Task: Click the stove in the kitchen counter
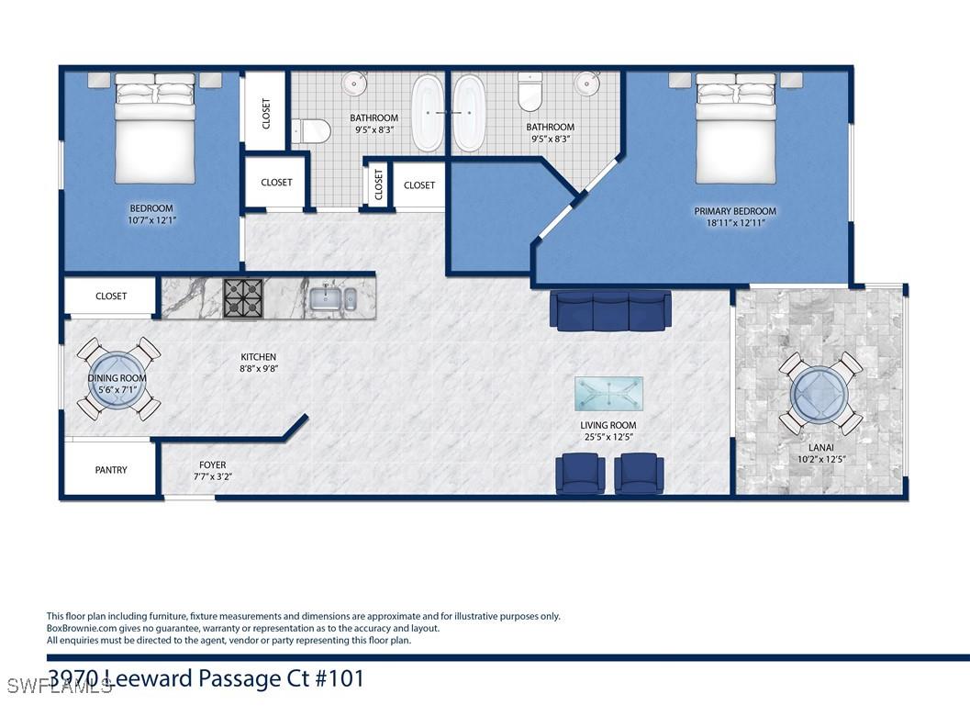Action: tap(244, 299)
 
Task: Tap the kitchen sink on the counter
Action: tap(333, 299)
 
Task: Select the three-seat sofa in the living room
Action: tap(610, 309)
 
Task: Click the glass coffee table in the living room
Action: tap(608, 394)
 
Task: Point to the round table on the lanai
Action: tap(820, 394)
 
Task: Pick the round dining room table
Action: tap(118, 379)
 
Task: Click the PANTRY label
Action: tap(111, 470)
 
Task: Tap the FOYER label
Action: tap(212, 464)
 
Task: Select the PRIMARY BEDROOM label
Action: tap(735, 211)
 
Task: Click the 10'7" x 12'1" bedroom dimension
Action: tap(152, 219)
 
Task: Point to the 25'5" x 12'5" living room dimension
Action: tap(608, 437)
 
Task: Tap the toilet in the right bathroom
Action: tap(530, 92)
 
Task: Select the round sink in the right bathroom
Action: tap(586, 83)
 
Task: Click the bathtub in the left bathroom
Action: tap(428, 113)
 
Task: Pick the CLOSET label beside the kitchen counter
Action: tap(111, 296)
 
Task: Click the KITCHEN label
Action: tap(259, 357)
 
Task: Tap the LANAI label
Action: tap(821, 447)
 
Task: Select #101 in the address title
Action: tap(340, 678)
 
